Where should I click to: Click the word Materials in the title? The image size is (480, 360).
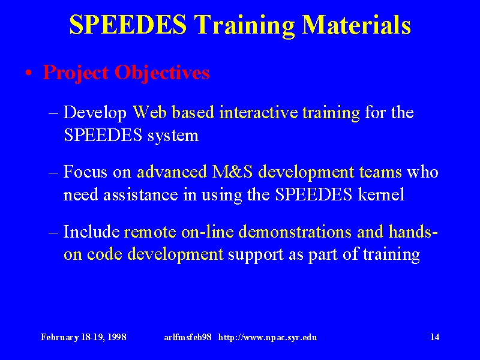[356, 25]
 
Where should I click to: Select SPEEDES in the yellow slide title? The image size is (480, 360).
[128, 25]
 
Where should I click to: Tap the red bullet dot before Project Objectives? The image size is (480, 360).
[28, 73]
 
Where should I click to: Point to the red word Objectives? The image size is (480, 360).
[162, 73]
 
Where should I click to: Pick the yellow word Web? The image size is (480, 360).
[150, 112]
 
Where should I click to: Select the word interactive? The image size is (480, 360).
[259, 112]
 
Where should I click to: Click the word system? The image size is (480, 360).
[173, 136]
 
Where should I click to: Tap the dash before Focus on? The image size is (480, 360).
[53, 172]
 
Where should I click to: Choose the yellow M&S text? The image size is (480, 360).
[232, 172]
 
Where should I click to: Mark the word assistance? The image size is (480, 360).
[140, 194]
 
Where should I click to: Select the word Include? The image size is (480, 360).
[92, 232]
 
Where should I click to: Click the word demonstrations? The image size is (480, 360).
[295, 232]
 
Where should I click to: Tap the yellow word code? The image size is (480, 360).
[104, 254]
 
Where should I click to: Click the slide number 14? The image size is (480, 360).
[435, 337]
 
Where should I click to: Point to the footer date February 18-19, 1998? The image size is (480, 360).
[83, 337]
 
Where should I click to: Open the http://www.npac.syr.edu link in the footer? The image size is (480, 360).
[268, 337]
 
